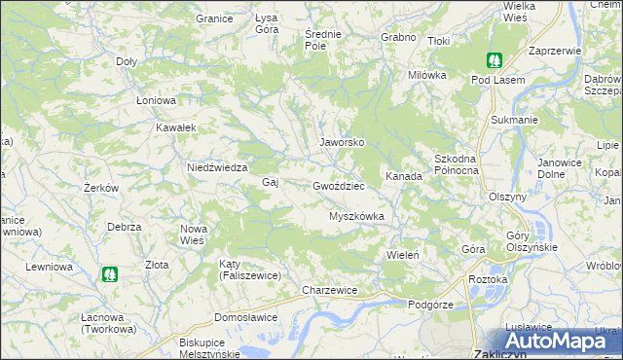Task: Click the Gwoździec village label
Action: click(x=338, y=186)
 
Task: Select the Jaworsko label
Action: click(x=342, y=142)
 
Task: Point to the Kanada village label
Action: click(x=403, y=177)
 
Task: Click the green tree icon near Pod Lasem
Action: click(x=494, y=60)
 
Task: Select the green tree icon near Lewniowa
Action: click(x=109, y=275)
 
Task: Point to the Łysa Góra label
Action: click(x=267, y=24)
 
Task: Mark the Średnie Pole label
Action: click(x=322, y=40)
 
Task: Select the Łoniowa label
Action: click(x=155, y=100)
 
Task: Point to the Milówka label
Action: click(x=426, y=75)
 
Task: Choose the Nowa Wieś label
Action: click(x=193, y=234)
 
